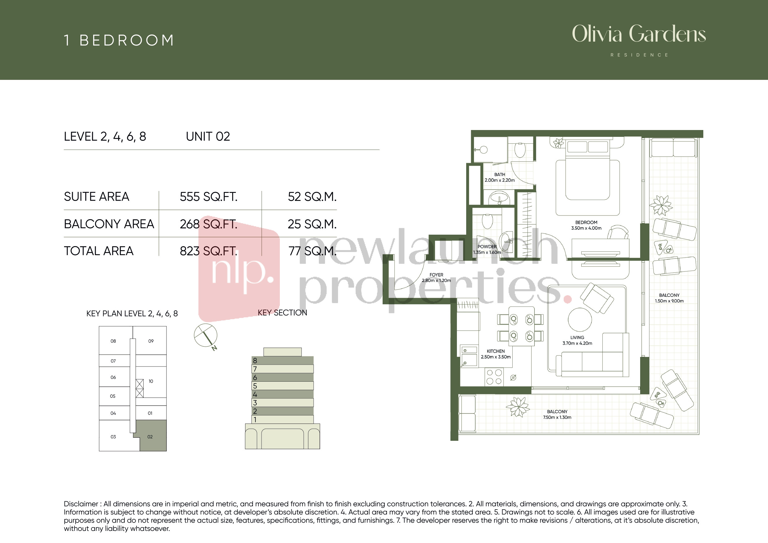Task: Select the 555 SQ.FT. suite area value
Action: (209, 197)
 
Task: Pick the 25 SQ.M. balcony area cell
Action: (312, 224)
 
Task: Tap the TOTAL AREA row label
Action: (99, 251)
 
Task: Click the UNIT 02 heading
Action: (208, 137)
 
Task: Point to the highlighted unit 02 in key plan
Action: (153, 436)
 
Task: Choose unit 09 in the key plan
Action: (151, 341)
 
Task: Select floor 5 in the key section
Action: (283, 386)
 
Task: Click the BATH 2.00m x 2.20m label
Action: (500, 177)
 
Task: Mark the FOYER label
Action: (436, 275)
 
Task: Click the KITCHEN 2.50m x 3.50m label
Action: (496, 354)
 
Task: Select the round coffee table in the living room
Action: (580, 320)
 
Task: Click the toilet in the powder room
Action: (487, 221)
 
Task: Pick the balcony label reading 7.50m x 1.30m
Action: (557, 415)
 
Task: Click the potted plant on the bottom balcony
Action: (518, 406)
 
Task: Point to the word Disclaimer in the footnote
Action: (81, 504)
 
